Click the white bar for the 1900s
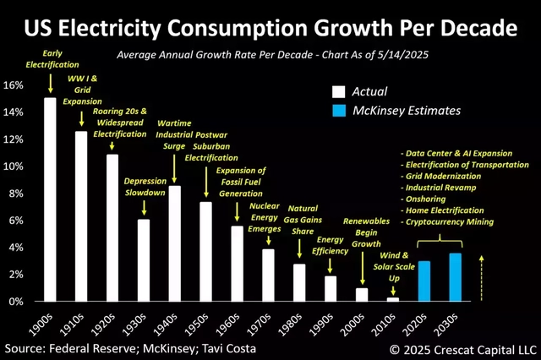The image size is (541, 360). (50, 200)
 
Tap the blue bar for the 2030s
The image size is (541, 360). (454, 277)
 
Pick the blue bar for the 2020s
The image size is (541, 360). (424, 281)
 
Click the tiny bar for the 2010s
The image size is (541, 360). (392, 299)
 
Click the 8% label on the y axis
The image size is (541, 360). (19, 194)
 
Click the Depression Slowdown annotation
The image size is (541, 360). (145, 188)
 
